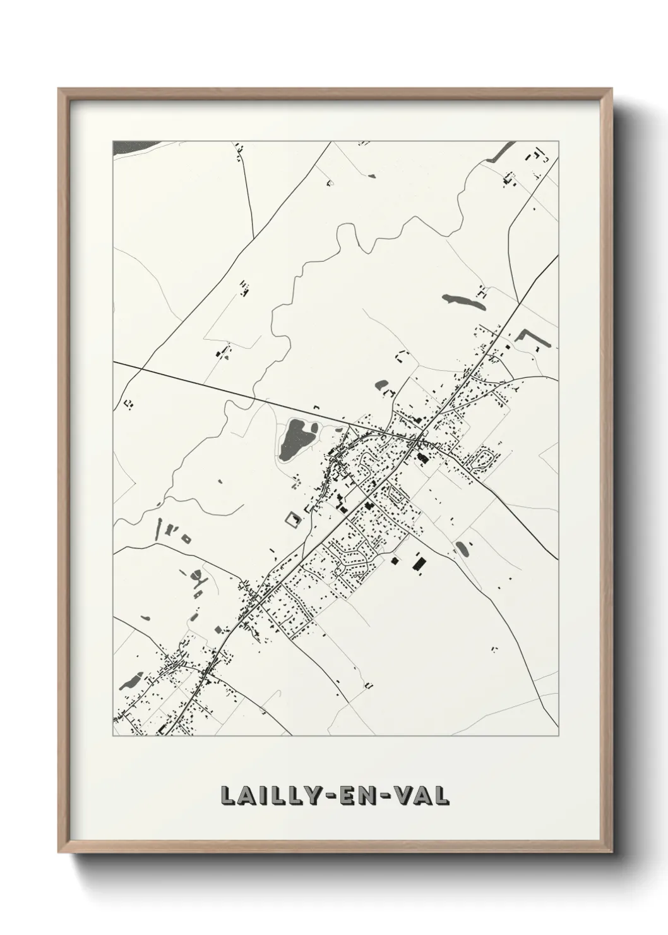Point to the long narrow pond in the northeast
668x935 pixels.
click(x=464, y=301)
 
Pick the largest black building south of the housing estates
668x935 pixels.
click(x=419, y=561)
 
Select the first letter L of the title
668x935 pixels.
click(x=228, y=796)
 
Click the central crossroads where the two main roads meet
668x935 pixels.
click(x=420, y=438)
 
